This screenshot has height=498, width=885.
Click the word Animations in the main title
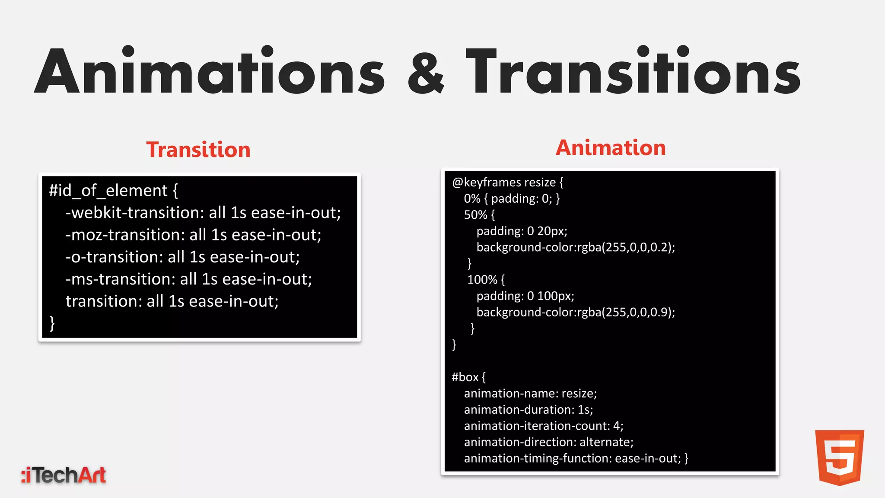(209, 71)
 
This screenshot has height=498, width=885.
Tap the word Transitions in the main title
(633, 71)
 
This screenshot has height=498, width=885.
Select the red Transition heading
(198, 150)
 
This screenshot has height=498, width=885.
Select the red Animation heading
(610, 148)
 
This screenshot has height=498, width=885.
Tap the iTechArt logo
(64, 475)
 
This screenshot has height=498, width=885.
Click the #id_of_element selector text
(108, 191)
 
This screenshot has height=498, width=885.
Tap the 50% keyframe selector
(475, 215)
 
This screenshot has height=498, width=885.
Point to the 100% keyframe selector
(482, 280)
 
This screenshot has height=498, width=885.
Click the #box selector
(465, 377)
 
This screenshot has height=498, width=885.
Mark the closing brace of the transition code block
(52, 323)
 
